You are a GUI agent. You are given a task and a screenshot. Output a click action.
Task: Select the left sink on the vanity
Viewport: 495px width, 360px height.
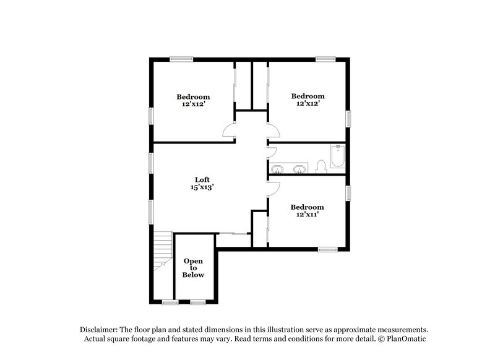pyautogui.click(x=278, y=168)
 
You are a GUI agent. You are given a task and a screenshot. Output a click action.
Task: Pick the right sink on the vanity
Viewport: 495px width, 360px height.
pyautogui.click(x=299, y=168)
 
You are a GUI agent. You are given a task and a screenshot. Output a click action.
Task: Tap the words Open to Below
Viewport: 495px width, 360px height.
pyautogui.click(x=193, y=268)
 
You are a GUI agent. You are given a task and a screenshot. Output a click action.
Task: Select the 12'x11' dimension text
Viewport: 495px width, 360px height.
pyautogui.click(x=308, y=214)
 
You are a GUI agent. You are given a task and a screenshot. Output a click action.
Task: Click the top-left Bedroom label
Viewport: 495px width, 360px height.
pyautogui.click(x=193, y=96)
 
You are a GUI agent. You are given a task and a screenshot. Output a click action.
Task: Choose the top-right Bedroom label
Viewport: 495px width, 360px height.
pyautogui.click(x=308, y=96)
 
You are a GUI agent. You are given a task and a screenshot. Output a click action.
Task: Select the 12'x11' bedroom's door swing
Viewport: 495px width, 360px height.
pyautogui.click(x=273, y=189)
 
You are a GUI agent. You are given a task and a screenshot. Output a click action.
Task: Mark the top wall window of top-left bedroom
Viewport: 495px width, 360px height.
pyautogui.click(x=179, y=59)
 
